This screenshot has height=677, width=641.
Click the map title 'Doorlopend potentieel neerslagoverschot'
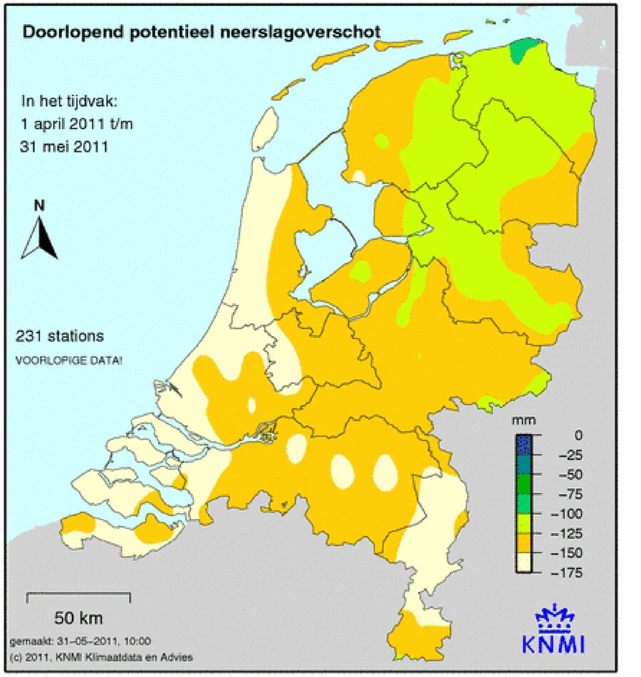click(202, 32)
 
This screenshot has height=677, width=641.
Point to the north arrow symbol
click(39, 238)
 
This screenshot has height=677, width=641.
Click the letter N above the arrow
click(39, 207)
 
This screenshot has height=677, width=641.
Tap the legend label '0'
click(578, 435)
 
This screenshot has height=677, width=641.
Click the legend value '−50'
click(570, 475)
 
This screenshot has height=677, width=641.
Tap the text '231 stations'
click(60, 336)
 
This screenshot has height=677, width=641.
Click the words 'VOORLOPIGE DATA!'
click(68, 361)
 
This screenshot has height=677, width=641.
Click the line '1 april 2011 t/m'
click(77, 124)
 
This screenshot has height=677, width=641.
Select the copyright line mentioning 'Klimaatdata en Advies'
click(101, 656)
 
